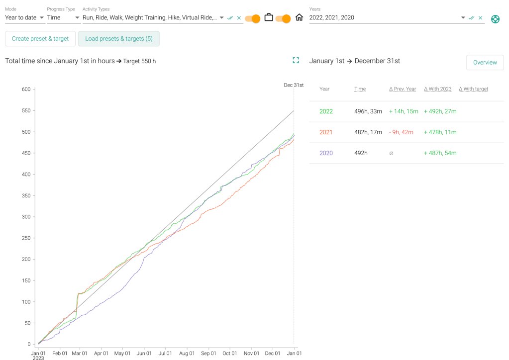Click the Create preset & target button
click(x=40, y=39)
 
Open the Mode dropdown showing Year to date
click(x=24, y=18)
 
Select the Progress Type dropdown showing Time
click(x=63, y=18)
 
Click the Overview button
click(x=485, y=63)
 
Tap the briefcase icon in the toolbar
click(x=269, y=18)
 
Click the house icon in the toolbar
click(x=299, y=18)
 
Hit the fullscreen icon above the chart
click(x=296, y=61)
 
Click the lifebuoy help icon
click(x=495, y=19)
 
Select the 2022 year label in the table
click(x=326, y=111)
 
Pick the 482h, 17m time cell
click(x=368, y=132)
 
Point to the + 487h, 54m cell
click(x=440, y=153)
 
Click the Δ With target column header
click(x=473, y=89)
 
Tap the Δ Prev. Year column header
click(x=403, y=89)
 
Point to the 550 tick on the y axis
click(x=26, y=111)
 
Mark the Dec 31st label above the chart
click(x=294, y=85)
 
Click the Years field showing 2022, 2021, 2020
click(x=383, y=18)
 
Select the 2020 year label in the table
click(x=326, y=153)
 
